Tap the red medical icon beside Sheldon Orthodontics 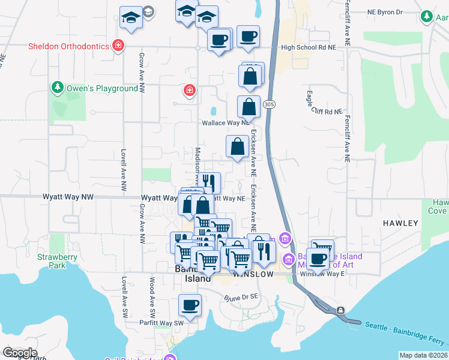[119, 46]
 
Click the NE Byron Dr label [386, 11]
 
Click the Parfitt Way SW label [163, 323]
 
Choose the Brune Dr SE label [240, 297]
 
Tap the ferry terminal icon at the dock [340, 310]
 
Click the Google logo [20, 353]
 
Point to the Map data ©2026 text [424, 355]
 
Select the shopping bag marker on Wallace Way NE [249, 108]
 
